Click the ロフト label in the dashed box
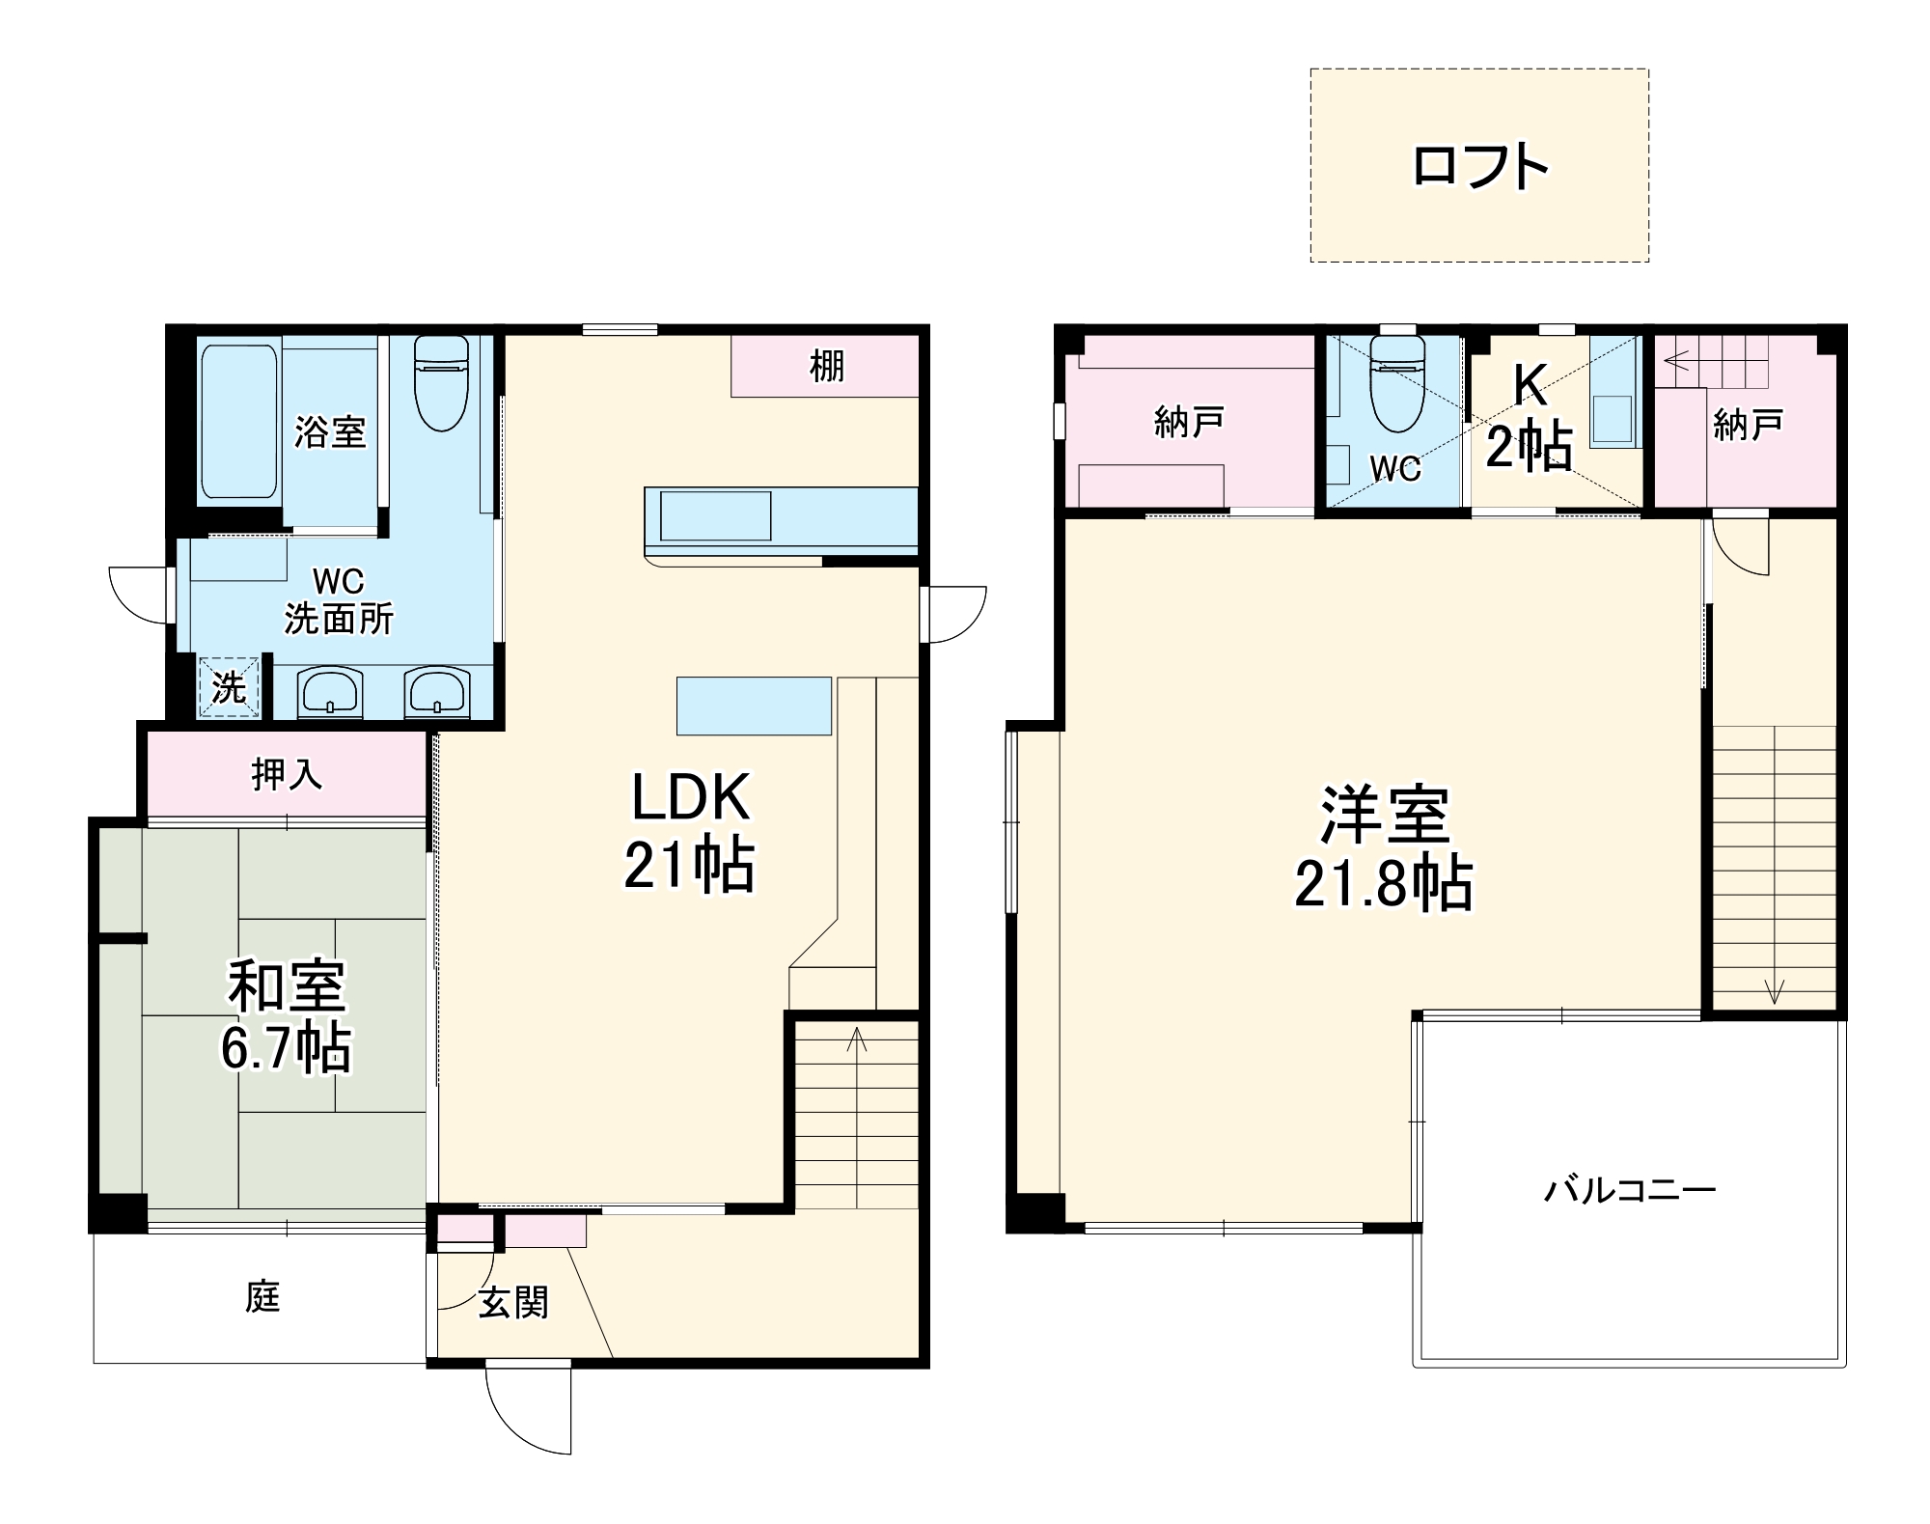(x=1479, y=166)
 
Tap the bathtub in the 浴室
(x=238, y=422)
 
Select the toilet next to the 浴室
(x=441, y=383)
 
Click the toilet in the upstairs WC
(x=1397, y=384)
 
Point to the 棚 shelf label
(x=826, y=367)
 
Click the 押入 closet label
(x=286, y=774)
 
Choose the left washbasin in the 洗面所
(x=329, y=693)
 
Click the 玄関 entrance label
(x=513, y=1303)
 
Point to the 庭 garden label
(x=262, y=1296)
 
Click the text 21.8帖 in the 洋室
(x=1383, y=883)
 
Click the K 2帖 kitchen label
(x=1530, y=416)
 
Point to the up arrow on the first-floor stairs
(x=856, y=1039)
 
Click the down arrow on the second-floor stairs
(x=1774, y=990)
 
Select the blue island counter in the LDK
(x=754, y=706)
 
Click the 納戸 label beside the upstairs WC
(x=1189, y=422)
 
